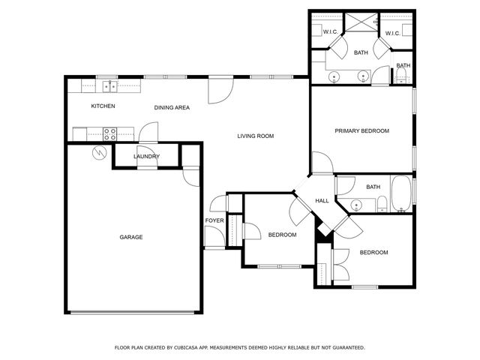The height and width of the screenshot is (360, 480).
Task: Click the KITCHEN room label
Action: coord(103,106)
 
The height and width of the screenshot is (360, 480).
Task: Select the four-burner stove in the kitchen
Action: coord(109,134)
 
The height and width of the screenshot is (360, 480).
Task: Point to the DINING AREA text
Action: coord(172,108)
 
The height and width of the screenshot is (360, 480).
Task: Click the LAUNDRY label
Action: coord(145,156)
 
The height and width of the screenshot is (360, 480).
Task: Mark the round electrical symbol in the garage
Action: coord(97,153)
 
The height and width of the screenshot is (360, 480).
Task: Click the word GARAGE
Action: coord(130,237)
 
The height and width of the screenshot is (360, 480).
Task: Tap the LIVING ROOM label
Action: coord(255,136)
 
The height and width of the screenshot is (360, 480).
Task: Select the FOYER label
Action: coord(214,220)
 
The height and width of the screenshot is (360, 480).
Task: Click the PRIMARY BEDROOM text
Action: coord(361,131)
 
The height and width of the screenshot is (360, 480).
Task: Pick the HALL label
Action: coord(322,201)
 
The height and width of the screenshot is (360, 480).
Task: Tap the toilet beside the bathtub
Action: coord(382,203)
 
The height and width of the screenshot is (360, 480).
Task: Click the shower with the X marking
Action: coord(361,21)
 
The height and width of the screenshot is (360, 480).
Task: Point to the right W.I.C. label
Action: coord(392,33)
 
